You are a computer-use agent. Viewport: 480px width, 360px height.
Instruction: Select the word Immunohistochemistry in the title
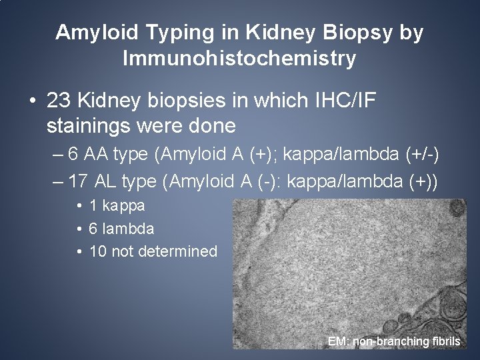tap(239, 59)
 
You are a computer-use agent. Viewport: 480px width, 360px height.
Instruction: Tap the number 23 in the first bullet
tap(59, 101)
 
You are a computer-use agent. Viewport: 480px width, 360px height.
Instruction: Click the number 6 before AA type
tap(73, 155)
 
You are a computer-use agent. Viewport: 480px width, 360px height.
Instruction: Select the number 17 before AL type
tap(79, 181)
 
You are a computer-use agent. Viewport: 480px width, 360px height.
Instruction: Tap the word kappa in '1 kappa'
tap(123, 206)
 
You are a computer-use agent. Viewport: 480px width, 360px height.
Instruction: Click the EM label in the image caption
tap(338, 341)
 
